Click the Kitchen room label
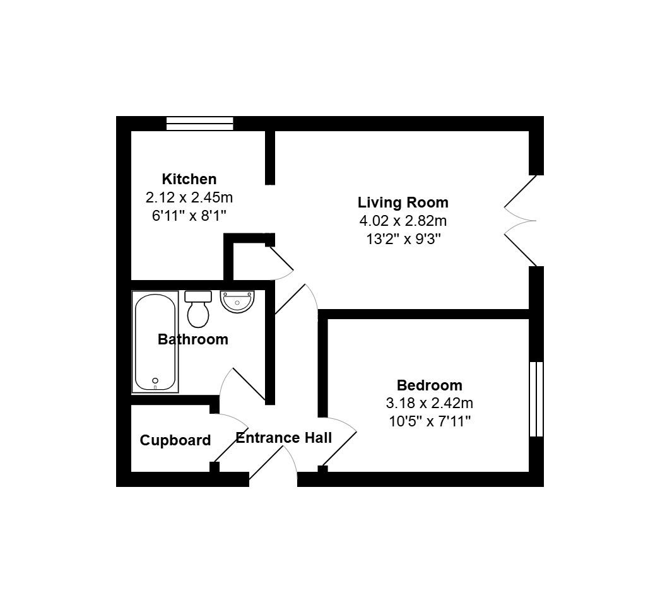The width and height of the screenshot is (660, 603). click(189, 179)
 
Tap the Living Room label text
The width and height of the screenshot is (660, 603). click(403, 202)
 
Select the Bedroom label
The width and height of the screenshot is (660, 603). click(429, 385)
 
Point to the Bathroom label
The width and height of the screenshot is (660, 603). click(192, 339)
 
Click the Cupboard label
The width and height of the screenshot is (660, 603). click(175, 440)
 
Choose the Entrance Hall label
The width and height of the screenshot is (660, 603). click(283, 438)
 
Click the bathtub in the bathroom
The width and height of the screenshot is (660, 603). click(155, 342)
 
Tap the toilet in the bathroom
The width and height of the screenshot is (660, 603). click(199, 312)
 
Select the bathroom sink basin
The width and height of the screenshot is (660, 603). click(237, 301)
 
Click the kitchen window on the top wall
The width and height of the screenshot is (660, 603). click(199, 124)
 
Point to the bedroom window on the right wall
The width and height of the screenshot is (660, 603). click(536, 399)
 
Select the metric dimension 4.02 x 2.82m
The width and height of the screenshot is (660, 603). click(403, 221)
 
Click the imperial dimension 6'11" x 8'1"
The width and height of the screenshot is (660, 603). click(189, 215)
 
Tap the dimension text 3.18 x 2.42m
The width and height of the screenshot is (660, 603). click(429, 403)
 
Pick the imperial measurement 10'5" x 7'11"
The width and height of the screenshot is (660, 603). click(429, 421)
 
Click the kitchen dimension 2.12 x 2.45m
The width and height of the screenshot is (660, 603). click(189, 197)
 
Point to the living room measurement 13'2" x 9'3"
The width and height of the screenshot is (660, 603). click(403, 238)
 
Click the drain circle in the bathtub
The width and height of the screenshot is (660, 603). click(155, 380)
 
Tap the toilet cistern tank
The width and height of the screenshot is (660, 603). click(198, 296)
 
